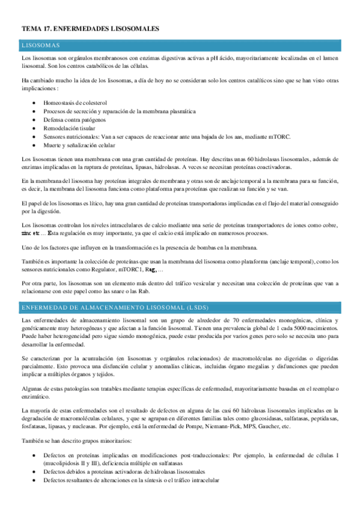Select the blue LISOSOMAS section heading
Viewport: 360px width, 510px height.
pos(40,45)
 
